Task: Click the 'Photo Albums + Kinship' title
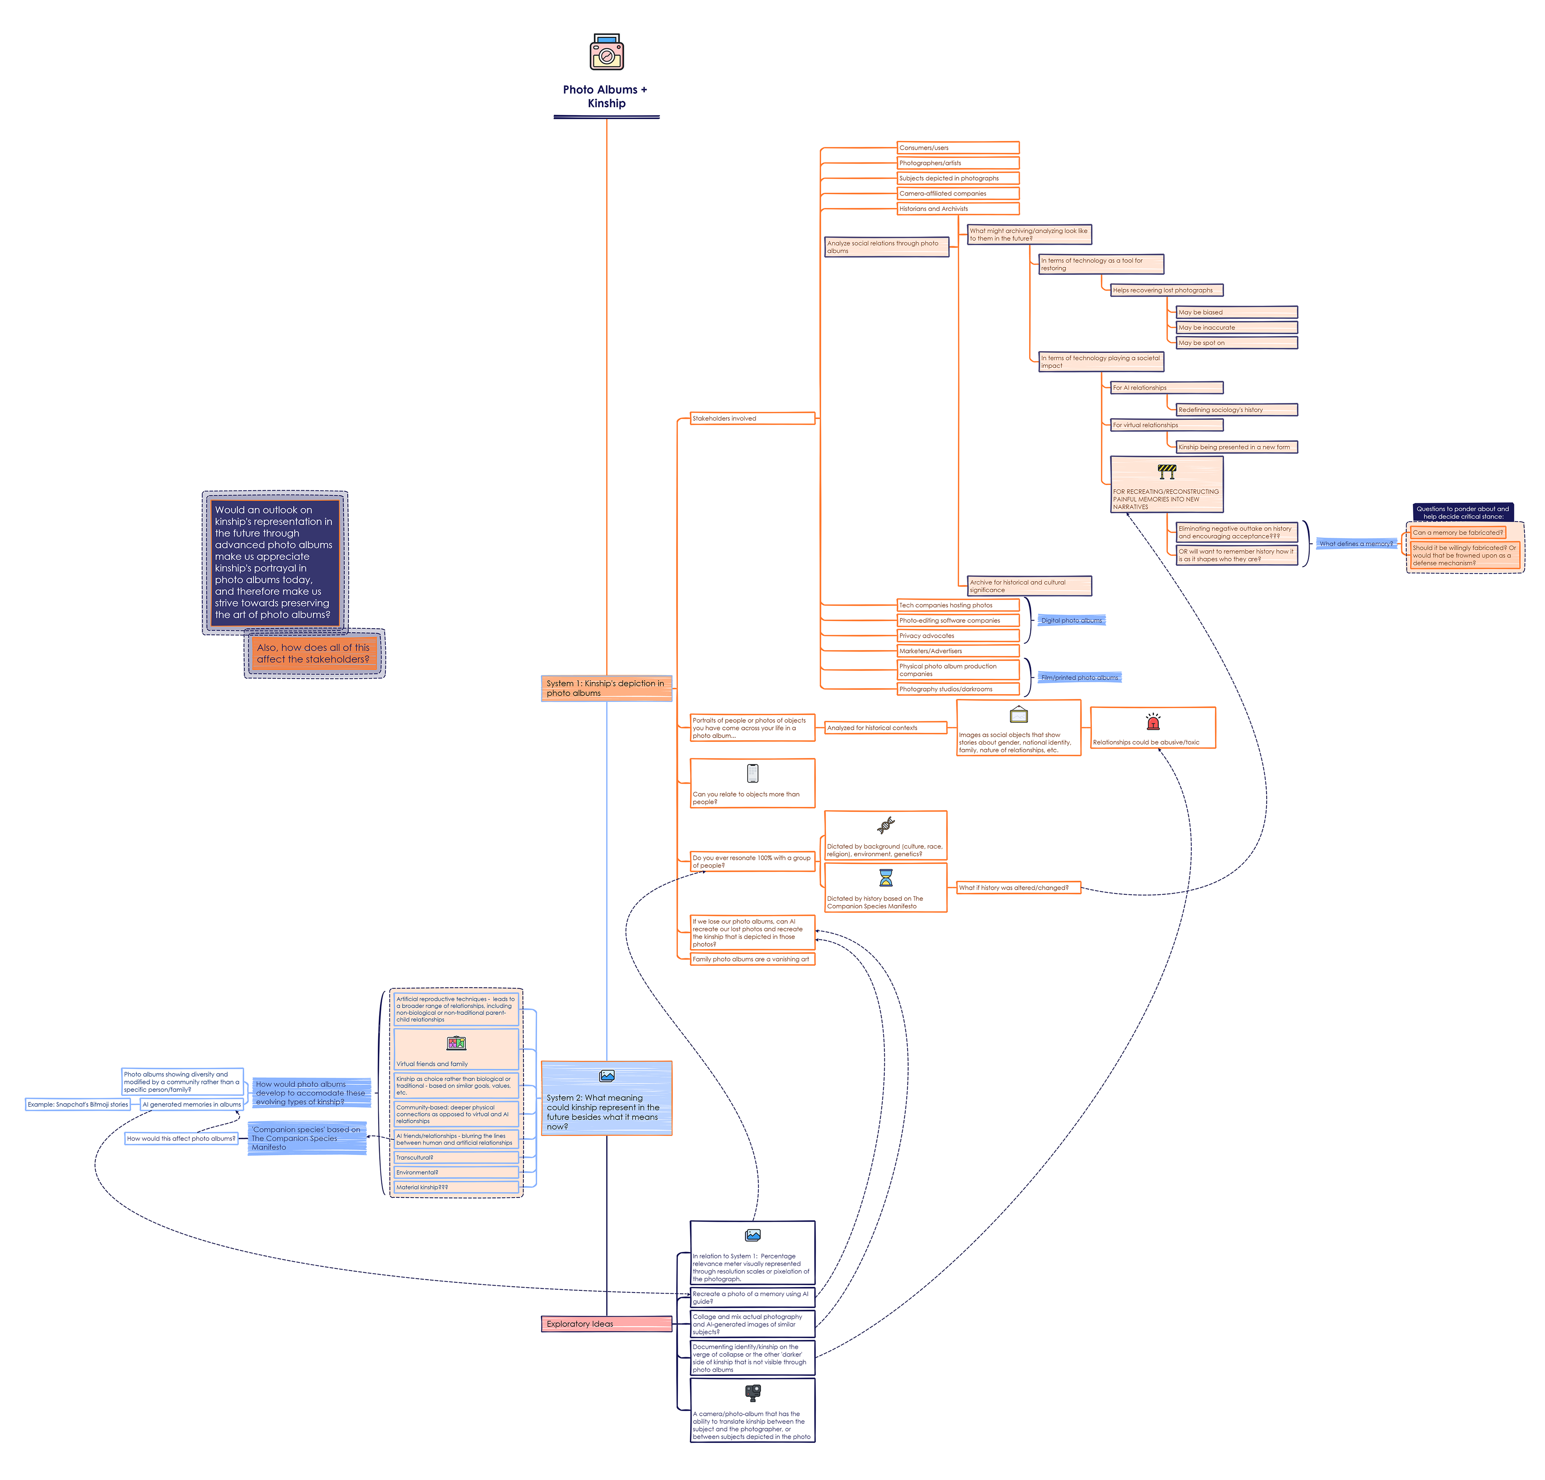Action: [x=606, y=96]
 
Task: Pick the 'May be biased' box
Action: [x=1235, y=312]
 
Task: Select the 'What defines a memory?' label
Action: [x=1356, y=544]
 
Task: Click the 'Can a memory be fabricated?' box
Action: [x=1458, y=533]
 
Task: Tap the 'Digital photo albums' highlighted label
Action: [x=1071, y=621]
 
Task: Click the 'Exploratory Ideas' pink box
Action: [x=606, y=1324]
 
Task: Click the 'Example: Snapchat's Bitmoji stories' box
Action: [x=78, y=1105]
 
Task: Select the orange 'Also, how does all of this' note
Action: [x=314, y=654]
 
